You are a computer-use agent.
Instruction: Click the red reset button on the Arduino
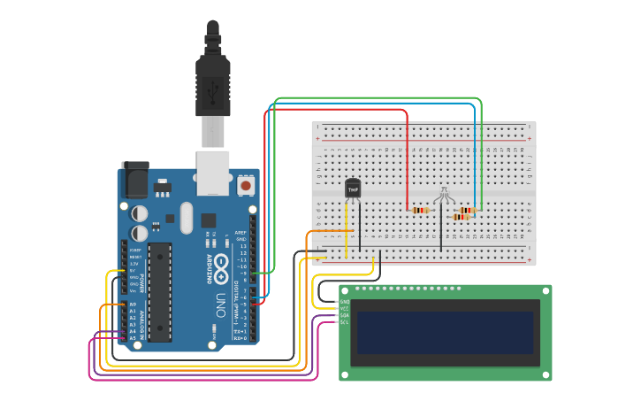pos(245,186)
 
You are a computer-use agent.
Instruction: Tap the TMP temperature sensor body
pos(353,189)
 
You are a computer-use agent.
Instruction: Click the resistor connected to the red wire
pos(420,210)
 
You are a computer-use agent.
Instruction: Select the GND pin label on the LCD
pos(345,302)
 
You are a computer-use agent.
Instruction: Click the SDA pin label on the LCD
pos(345,315)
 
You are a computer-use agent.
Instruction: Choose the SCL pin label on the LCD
pos(345,321)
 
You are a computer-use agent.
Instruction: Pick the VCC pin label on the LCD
pos(345,308)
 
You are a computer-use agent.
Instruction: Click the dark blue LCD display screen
pos(446,332)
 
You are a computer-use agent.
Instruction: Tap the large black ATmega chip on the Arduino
pos(159,291)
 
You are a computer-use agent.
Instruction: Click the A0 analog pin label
pos(133,305)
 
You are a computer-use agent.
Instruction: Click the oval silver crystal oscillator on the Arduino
pos(185,217)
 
